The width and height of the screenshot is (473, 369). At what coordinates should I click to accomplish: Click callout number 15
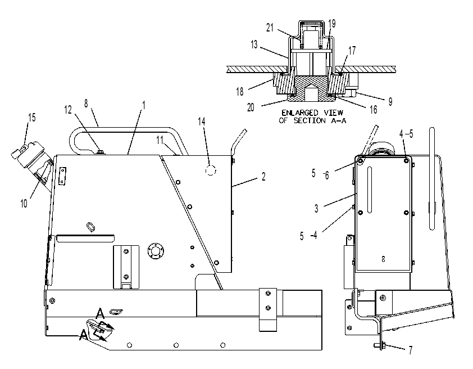[31, 117]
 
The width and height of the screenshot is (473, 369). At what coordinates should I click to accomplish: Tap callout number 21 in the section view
[270, 28]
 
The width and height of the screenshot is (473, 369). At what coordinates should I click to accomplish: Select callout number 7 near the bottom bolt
[410, 350]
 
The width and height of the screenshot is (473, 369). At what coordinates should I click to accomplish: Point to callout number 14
[202, 121]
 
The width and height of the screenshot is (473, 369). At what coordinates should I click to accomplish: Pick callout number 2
[263, 177]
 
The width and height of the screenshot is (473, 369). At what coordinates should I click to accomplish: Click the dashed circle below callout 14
[211, 170]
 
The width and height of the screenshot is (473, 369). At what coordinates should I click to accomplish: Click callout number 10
[24, 204]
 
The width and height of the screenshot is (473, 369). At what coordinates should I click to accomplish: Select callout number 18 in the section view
[240, 92]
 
